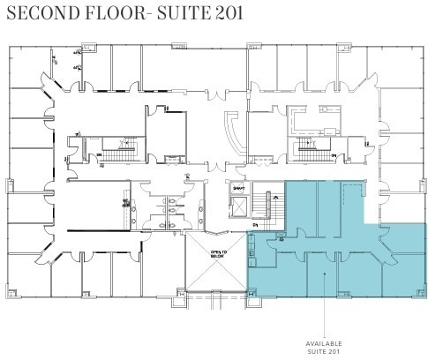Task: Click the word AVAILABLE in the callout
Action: pos(324,343)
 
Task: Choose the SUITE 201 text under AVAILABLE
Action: pos(324,351)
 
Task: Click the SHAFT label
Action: pos(237,187)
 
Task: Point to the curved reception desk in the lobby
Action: pos(231,137)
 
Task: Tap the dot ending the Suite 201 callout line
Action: pos(325,275)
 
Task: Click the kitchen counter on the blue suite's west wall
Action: pos(252,251)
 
